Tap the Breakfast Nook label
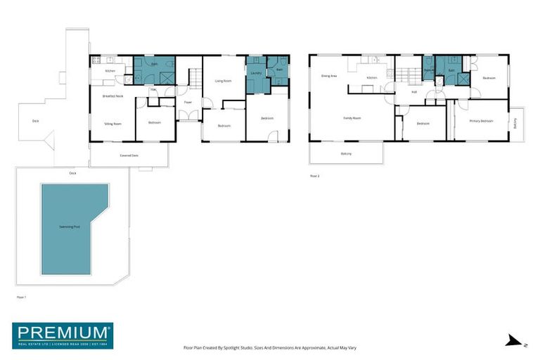tap(112, 96)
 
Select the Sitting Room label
tap(112, 123)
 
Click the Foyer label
tap(188, 103)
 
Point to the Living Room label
tap(223, 81)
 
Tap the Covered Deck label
tap(128, 155)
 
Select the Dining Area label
tap(329, 76)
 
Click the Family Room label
tap(352, 117)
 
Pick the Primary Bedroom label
tap(481, 121)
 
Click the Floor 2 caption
tap(314, 176)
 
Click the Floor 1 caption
tap(20, 297)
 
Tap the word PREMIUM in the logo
tap(63, 331)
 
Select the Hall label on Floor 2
tap(413, 91)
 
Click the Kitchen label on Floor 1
tap(110, 71)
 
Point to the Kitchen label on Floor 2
tap(372, 77)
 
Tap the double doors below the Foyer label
tap(188, 115)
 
